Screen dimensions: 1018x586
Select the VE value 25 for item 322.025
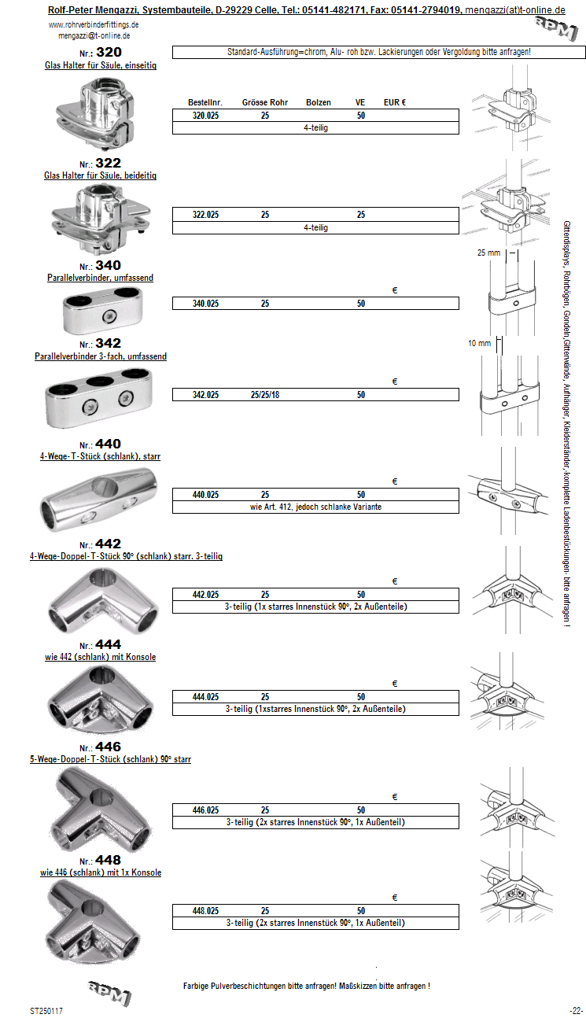[360, 215]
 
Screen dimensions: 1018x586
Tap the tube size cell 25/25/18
[265, 395]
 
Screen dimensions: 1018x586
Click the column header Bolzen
[319, 103]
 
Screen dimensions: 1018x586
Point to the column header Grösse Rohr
[265, 103]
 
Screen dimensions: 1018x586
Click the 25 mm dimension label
[489, 253]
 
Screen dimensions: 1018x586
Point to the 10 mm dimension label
[478, 344]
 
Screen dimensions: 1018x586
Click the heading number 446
[108, 747]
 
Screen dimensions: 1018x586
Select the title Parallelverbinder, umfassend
[100, 278]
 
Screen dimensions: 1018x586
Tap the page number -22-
[576, 1010]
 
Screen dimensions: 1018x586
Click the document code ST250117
[46, 1010]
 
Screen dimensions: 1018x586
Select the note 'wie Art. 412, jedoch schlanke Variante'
[315, 507]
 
